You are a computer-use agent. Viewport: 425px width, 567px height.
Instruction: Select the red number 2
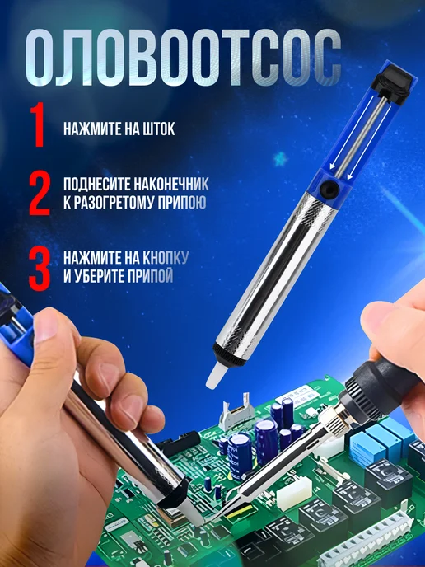pyautogui.click(x=40, y=194)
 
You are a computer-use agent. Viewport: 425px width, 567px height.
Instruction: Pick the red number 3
pyautogui.click(x=40, y=269)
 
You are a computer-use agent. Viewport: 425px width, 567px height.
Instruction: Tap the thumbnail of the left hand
pyautogui.click(x=46, y=326)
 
